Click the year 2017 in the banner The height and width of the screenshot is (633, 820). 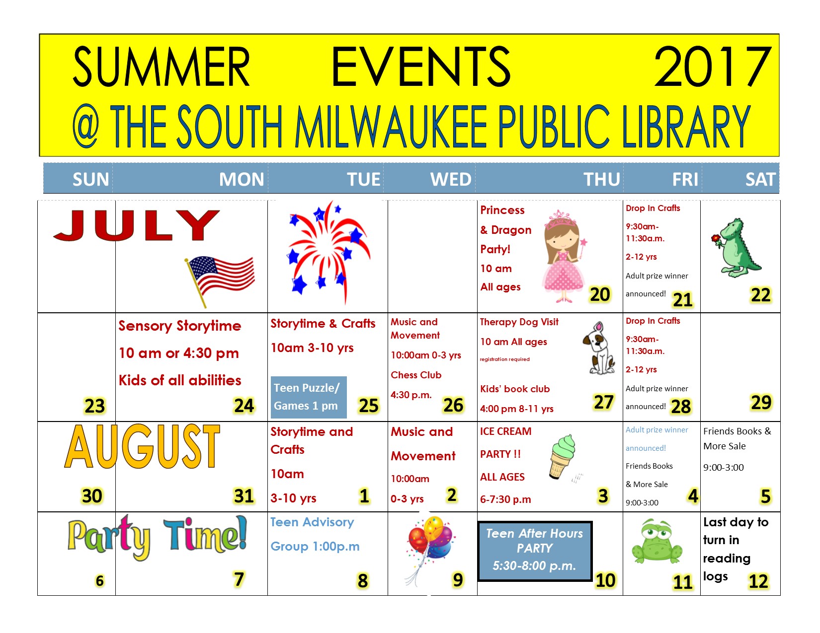pos(713,67)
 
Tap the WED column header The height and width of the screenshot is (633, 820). pos(451,179)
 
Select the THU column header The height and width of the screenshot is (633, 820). pos(602,179)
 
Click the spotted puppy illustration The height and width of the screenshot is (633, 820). pos(599,348)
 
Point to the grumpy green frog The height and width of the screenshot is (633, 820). pos(657,541)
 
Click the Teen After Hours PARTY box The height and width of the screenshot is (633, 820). pos(535,551)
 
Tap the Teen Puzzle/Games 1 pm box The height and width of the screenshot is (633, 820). pos(309,397)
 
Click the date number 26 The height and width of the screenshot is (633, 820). pos(453,405)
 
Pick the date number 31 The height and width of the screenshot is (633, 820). pos(244,496)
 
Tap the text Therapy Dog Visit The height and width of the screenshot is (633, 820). pos(519,322)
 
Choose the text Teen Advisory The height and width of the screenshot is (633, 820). pos(312,522)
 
